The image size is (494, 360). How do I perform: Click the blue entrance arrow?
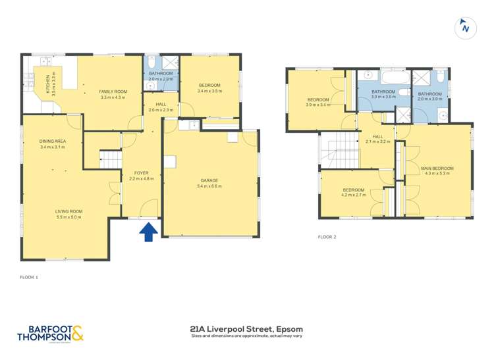point(149,232)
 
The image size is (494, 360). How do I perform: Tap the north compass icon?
point(465,28)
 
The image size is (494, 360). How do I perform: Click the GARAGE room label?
point(209,180)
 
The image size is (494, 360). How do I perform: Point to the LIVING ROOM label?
point(69,211)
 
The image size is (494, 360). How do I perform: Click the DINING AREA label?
point(52,141)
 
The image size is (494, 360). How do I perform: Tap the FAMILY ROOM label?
point(113,91)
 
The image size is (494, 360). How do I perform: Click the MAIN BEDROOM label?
point(437,168)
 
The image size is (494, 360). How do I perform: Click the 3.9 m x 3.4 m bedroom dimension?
point(318,105)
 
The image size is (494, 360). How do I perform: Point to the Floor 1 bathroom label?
point(160,74)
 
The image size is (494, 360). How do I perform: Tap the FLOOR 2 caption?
point(327,236)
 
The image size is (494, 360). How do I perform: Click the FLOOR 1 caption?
point(29,278)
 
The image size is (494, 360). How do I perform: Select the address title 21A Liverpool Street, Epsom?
point(247,326)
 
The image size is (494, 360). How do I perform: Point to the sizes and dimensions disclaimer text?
point(247,336)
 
